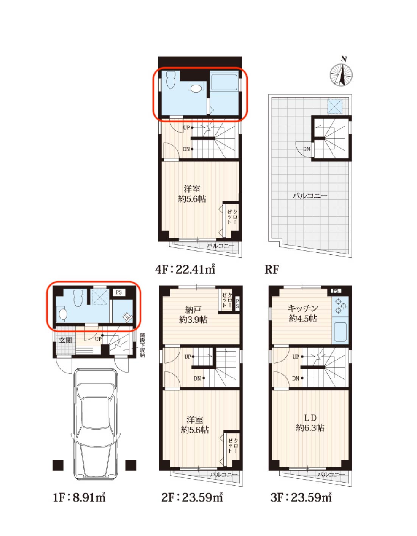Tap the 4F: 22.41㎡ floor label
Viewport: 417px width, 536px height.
185,269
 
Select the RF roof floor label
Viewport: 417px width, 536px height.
272,269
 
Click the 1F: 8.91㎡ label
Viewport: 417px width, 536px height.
79,497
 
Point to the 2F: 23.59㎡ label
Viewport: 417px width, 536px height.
192,497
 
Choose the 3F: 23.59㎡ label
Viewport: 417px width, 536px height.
301,497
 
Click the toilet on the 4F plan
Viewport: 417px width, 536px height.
171,80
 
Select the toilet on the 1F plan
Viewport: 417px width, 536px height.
78,298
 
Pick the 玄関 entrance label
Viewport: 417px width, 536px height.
66,340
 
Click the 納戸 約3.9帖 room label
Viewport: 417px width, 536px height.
193,314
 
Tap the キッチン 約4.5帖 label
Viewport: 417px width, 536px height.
303,314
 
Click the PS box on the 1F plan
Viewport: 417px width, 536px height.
119,292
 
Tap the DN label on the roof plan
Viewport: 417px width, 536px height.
307,149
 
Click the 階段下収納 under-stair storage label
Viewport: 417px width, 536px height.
142,345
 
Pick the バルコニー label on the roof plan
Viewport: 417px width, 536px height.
310,196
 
